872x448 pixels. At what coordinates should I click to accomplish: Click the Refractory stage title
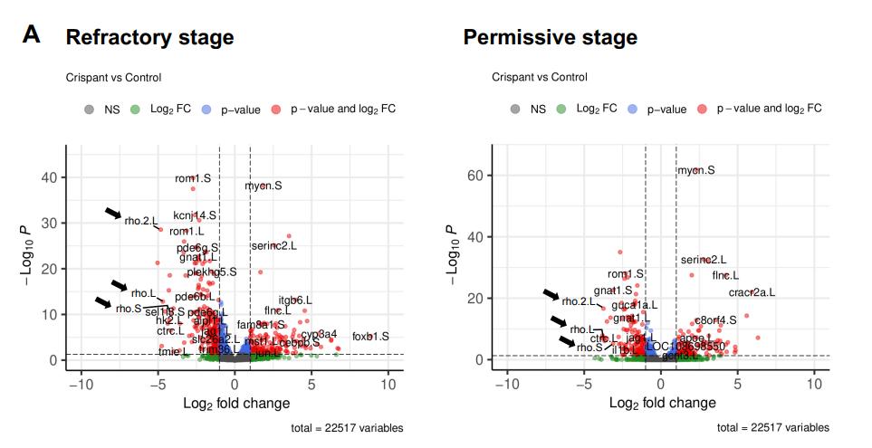tap(149, 38)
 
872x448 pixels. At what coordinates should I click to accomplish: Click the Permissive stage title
tap(550, 38)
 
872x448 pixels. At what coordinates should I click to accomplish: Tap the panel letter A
tap(32, 35)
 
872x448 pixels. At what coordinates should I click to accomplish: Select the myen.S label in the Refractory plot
tap(263, 186)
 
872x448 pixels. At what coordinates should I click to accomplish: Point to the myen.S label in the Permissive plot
tap(696, 170)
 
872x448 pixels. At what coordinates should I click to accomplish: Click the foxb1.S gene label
tap(370, 337)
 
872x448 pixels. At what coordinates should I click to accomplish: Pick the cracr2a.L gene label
tap(752, 292)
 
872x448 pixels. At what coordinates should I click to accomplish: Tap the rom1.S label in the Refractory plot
tap(193, 178)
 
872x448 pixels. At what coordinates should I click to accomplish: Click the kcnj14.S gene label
tap(195, 215)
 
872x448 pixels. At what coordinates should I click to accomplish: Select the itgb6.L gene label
tap(295, 300)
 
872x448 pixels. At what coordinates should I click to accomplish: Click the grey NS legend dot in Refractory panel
tap(89, 110)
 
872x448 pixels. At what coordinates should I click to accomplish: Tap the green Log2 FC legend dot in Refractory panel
tap(135, 110)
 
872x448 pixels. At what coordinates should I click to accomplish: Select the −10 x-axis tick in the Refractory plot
tap(81, 384)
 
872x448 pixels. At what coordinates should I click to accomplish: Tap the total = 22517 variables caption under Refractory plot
tap(348, 428)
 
